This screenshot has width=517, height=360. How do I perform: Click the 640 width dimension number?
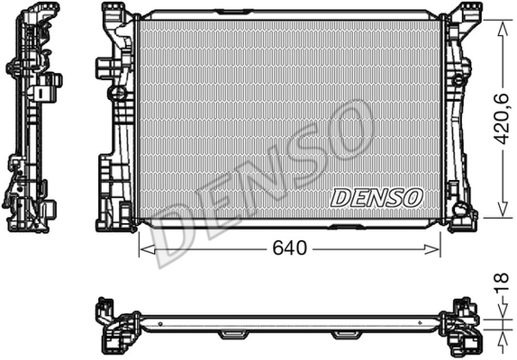(289, 248)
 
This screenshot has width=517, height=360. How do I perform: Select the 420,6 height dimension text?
(502, 119)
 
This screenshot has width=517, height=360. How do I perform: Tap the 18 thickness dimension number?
(502, 283)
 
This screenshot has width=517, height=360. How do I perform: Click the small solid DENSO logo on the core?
(376, 198)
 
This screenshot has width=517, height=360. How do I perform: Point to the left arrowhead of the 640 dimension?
(147, 249)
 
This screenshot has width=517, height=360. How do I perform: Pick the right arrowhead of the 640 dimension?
(432, 249)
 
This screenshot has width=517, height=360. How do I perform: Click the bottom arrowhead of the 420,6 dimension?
(503, 209)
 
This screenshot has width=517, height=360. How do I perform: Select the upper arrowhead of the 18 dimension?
(503, 311)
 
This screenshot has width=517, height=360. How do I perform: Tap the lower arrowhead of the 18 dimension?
(503, 337)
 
